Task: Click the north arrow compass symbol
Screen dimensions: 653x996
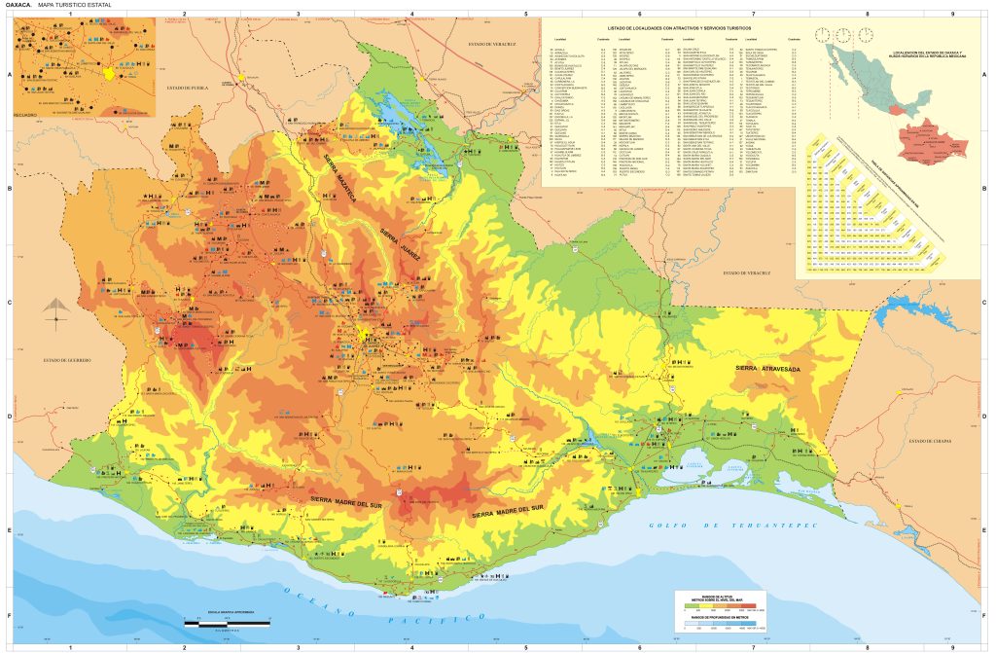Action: [x=56, y=308]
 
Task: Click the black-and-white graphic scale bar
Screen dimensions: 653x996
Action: [x=225, y=621]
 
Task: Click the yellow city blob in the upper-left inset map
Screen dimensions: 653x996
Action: [x=110, y=72]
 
